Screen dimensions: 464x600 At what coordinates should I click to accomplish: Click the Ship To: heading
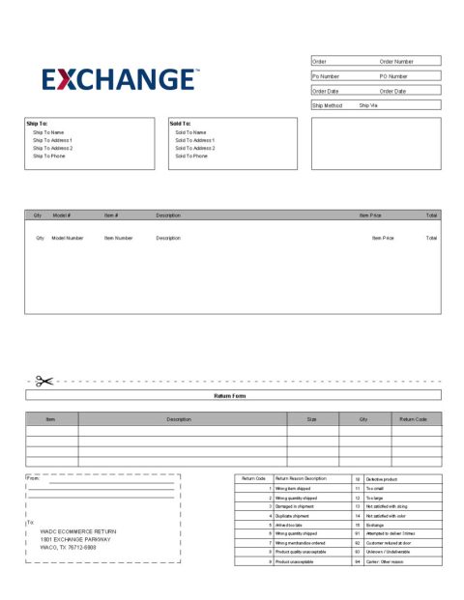[x=36, y=124]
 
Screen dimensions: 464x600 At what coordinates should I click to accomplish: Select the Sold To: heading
[x=180, y=124]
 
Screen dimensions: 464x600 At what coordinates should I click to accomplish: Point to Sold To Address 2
[x=195, y=148]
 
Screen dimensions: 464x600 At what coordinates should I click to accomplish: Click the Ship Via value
[x=369, y=105]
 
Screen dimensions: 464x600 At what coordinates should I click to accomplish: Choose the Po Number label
[x=326, y=75]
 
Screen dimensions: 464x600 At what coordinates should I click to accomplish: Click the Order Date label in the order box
[x=326, y=91]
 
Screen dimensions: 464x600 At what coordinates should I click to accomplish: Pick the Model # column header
[x=62, y=214]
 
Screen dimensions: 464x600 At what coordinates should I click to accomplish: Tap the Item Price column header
[x=370, y=214]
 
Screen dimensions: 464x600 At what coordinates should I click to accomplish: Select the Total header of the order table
[x=431, y=214]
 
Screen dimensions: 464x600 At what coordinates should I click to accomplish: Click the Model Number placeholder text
[x=68, y=237]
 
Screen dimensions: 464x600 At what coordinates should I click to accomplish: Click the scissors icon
[x=43, y=382]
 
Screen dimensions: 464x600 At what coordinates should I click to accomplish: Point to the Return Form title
[x=232, y=395]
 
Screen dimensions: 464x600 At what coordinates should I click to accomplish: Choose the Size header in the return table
[x=312, y=419]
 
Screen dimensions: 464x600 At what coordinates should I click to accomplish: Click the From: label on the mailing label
[x=33, y=478]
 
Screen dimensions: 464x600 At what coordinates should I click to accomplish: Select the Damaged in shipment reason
[x=295, y=505]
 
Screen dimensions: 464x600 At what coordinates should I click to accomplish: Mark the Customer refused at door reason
[x=391, y=542]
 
